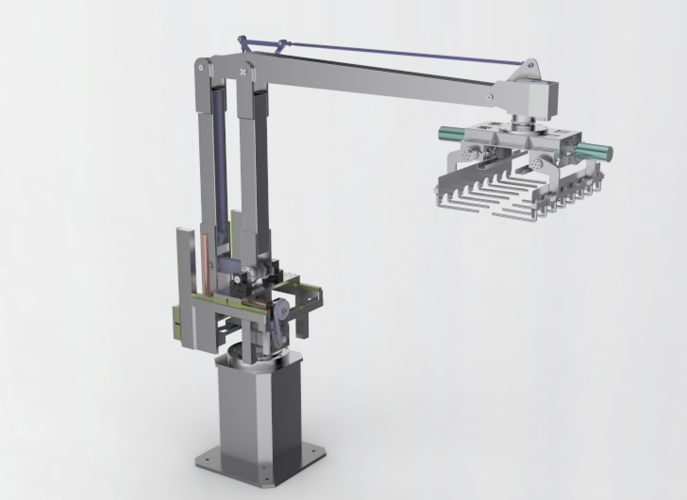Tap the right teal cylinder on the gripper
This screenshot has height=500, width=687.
(595, 151)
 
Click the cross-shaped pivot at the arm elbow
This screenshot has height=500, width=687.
(243, 72)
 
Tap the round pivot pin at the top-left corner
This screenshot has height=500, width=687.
(200, 67)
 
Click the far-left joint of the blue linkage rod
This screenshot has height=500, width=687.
(240, 39)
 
